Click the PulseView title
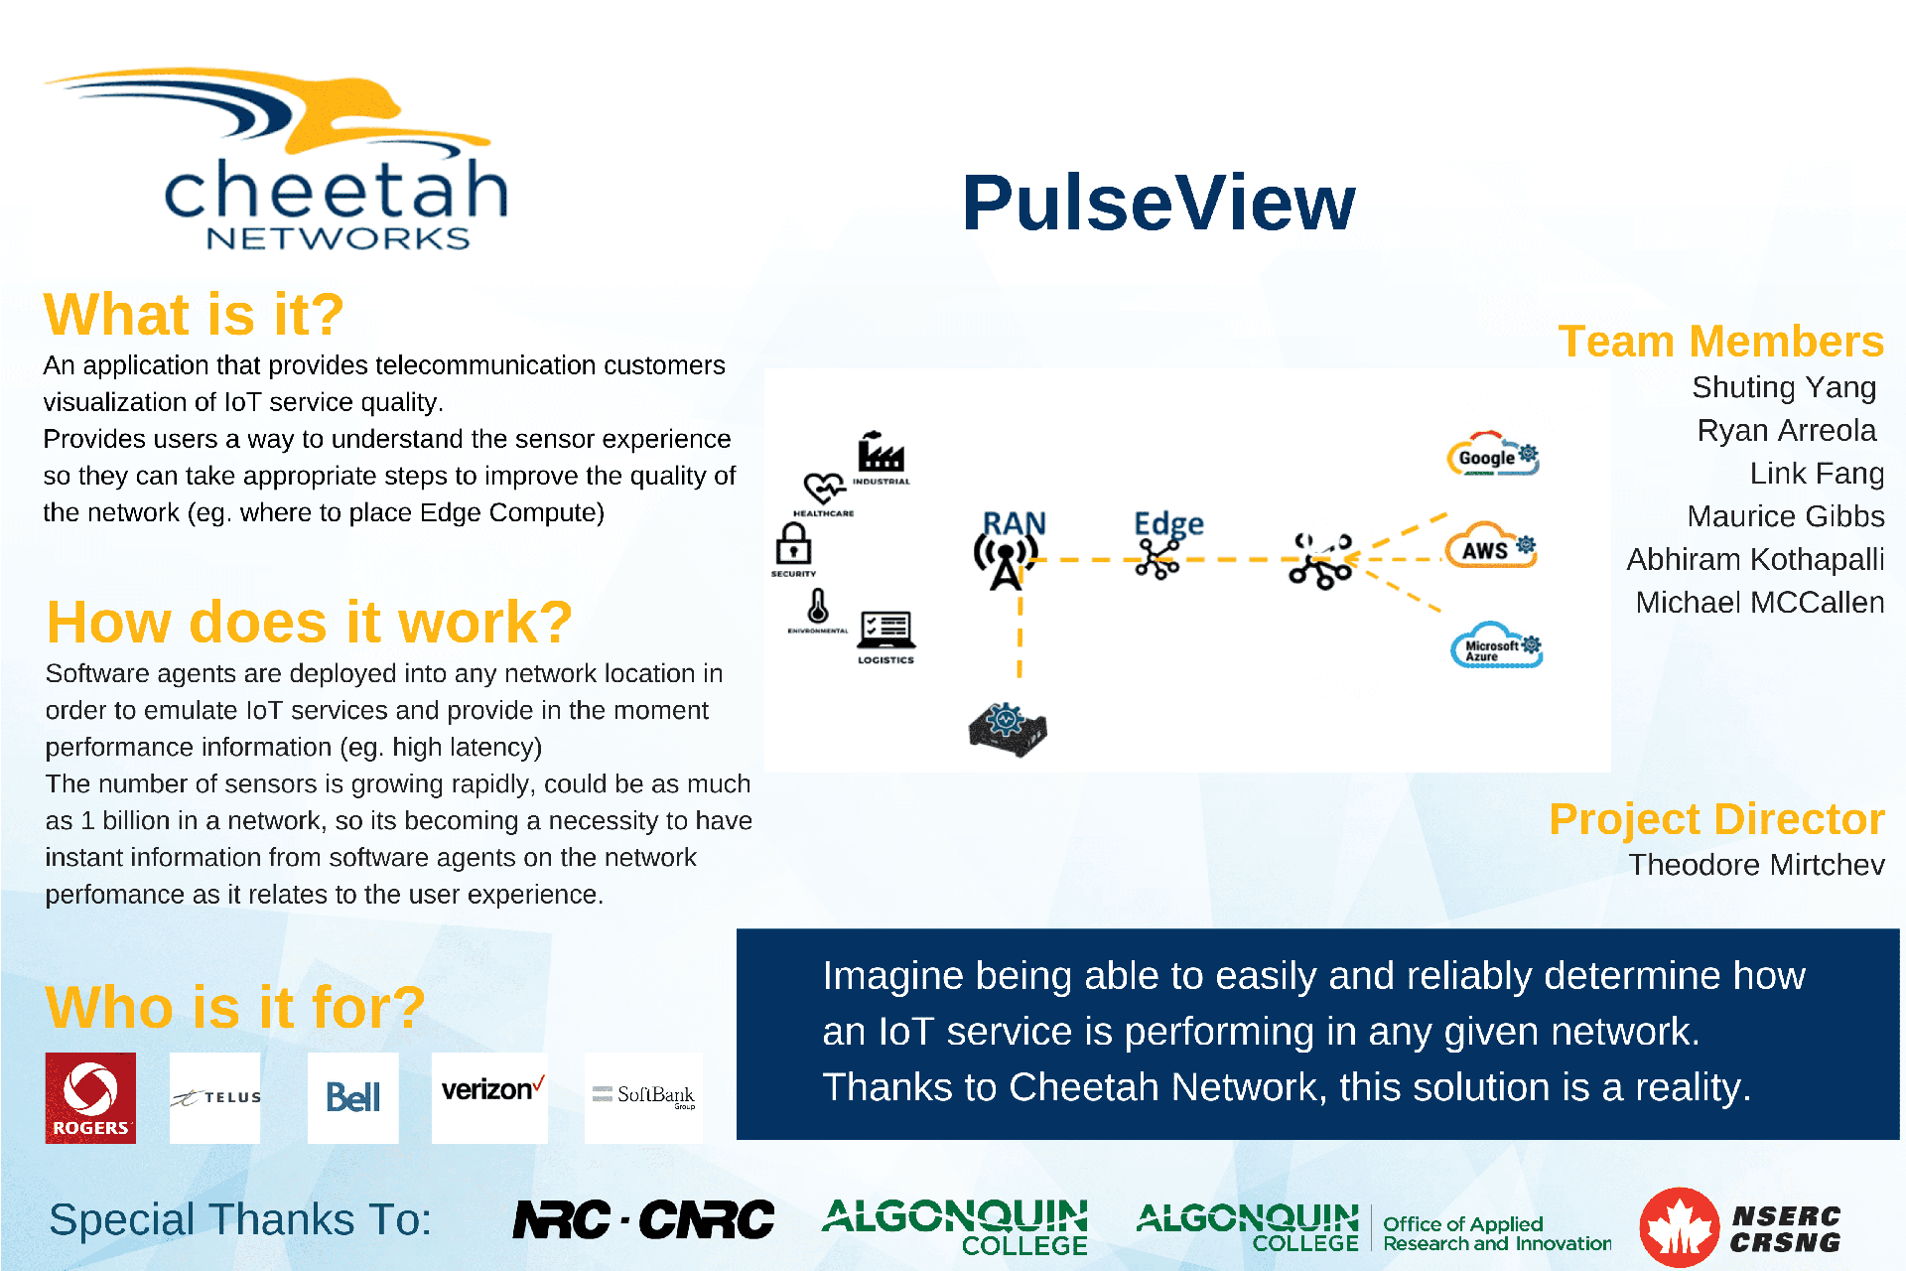[1158, 204]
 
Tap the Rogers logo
[90, 1097]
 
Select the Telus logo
[215, 1097]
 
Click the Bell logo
[352, 1097]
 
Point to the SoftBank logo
[644, 1096]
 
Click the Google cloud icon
[1492, 456]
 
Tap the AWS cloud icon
[1491, 547]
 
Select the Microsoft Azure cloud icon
[1496, 646]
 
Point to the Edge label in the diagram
[1168, 523]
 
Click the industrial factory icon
[881, 454]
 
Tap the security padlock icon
[793, 544]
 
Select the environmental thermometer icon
[818, 605]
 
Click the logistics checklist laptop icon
[886, 630]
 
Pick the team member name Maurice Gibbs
[1785, 516]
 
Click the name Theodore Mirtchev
[1756, 865]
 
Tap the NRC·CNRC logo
[643, 1219]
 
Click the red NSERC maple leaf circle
[1679, 1227]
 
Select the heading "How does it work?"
[310, 623]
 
